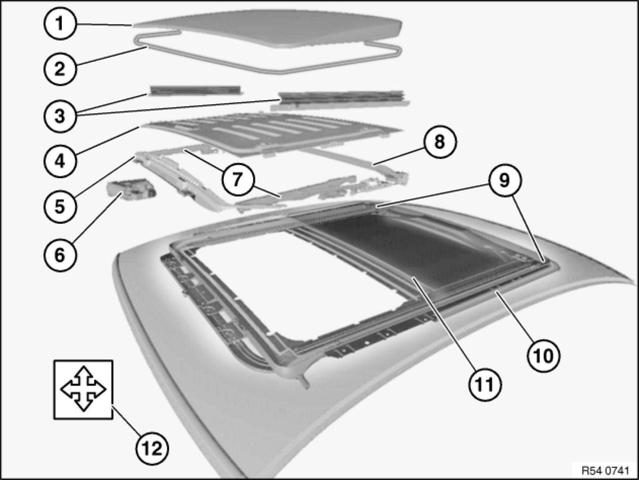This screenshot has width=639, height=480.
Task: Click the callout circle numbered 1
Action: pyautogui.click(x=60, y=24)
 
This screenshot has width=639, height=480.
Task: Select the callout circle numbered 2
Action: pyautogui.click(x=60, y=69)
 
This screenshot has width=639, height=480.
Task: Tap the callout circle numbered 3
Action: pyautogui.click(x=60, y=116)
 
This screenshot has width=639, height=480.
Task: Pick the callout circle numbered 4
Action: pyautogui.click(x=60, y=161)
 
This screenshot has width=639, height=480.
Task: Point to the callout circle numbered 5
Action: pyautogui.click(x=60, y=207)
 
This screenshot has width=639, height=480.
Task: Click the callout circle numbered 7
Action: pyautogui.click(x=238, y=179)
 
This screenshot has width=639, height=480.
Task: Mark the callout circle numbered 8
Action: pyautogui.click(x=440, y=142)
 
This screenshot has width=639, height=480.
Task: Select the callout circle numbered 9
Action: pyautogui.click(x=505, y=180)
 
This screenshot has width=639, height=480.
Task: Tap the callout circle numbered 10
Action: pyautogui.click(x=543, y=356)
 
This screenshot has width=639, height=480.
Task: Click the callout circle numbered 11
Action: pyautogui.click(x=485, y=385)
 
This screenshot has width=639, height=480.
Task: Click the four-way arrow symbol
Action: pyautogui.click(x=83, y=389)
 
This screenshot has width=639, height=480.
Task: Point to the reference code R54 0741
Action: pyautogui.click(x=605, y=471)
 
